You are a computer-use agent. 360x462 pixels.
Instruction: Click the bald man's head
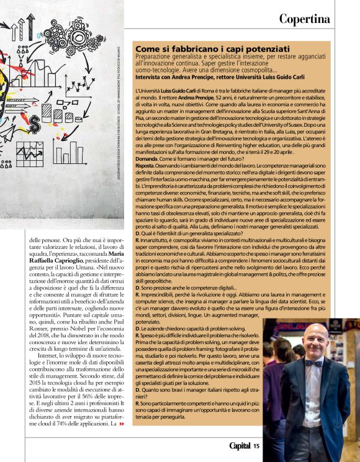[x=316, y=339]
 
